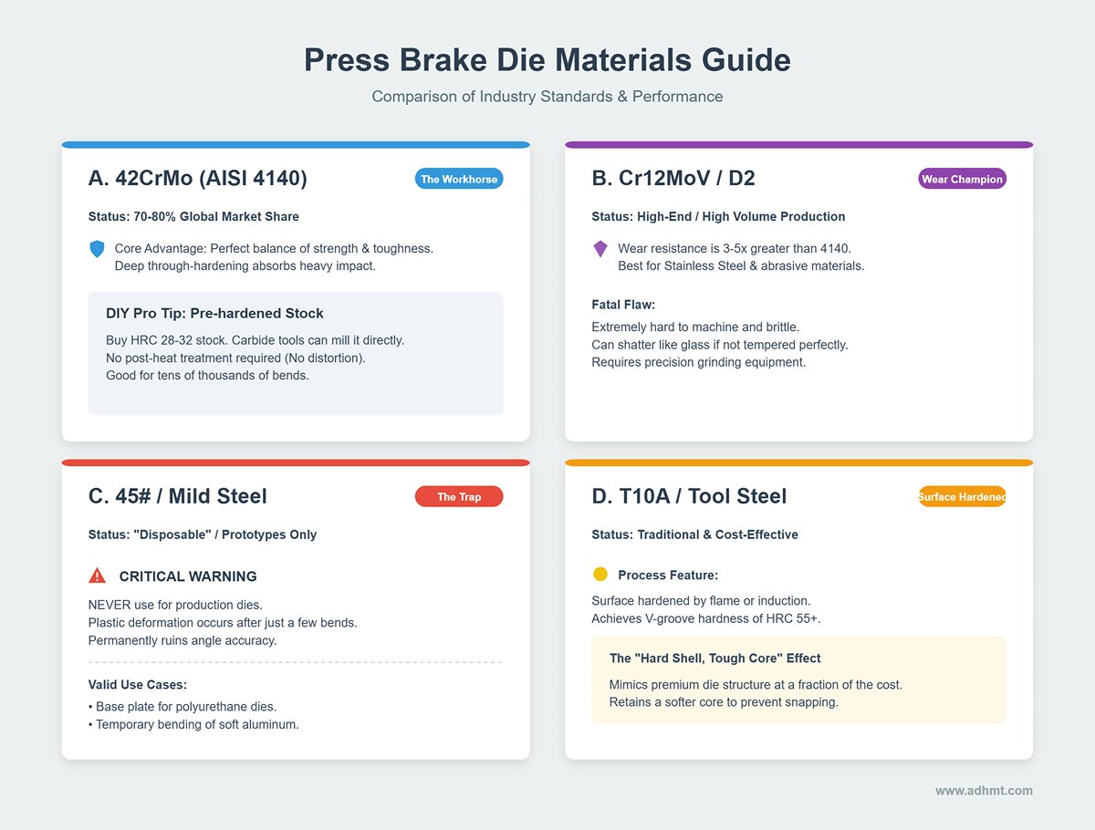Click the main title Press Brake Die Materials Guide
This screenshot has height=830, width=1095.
tap(547, 60)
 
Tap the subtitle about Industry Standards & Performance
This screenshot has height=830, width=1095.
tap(547, 96)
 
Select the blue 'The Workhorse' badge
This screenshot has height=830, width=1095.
tap(459, 179)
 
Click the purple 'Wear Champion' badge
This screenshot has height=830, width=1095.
tap(962, 179)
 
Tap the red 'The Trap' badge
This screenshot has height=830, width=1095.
tap(459, 496)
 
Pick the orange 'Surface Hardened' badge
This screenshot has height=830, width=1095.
tap(962, 496)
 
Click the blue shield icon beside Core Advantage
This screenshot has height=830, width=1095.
tap(97, 249)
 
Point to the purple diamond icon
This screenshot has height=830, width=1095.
tap(600, 249)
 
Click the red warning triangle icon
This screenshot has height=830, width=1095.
tap(97, 576)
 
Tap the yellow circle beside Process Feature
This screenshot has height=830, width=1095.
tap(600, 575)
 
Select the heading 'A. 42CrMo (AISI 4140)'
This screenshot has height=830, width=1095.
tap(197, 178)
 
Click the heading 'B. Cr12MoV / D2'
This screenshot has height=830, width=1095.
tap(673, 178)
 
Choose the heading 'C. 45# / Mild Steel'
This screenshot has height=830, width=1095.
tap(178, 496)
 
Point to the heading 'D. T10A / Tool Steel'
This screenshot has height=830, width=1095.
tap(689, 496)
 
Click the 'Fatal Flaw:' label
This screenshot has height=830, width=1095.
tap(623, 305)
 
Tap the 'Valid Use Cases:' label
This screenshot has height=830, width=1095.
tap(138, 684)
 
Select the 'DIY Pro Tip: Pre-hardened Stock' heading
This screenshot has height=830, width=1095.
tap(214, 313)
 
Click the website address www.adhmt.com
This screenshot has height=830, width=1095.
tap(984, 791)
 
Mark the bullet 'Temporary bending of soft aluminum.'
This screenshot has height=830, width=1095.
tap(193, 724)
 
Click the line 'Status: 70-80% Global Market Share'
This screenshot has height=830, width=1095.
tap(193, 216)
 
